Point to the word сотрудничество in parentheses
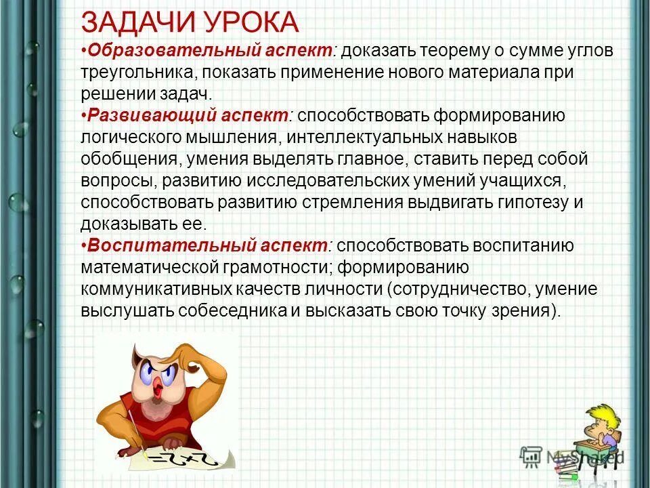pos(456,289)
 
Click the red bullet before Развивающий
pos(83,116)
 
